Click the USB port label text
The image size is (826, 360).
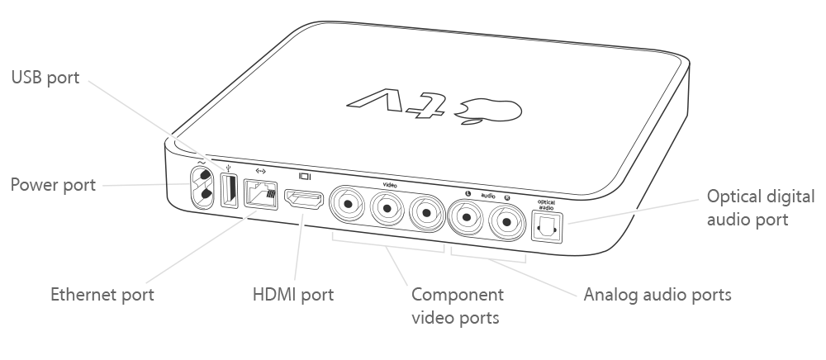pyautogui.click(x=45, y=78)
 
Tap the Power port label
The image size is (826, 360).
pyautogui.click(x=53, y=184)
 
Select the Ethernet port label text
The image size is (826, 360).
pyautogui.click(x=102, y=295)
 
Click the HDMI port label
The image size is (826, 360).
pyautogui.click(x=292, y=295)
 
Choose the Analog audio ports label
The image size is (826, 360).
pyautogui.click(x=657, y=295)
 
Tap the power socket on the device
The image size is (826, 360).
pyautogui.click(x=202, y=187)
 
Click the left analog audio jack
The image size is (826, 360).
pyautogui.click(x=468, y=220)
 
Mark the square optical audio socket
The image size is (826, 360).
pyautogui.click(x=545, y=226)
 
